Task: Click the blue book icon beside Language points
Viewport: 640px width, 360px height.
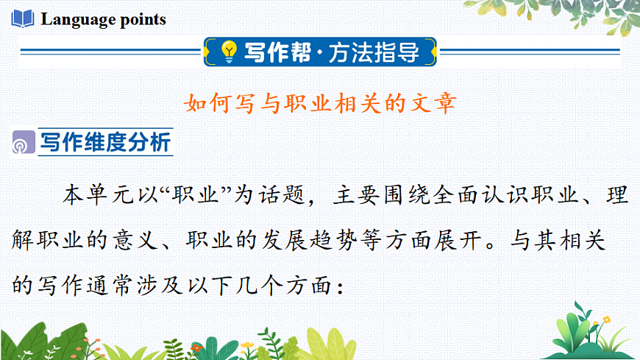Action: coord(22,18)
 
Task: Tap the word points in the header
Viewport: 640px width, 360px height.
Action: coord(141,20)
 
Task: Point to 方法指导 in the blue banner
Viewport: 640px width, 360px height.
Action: coord(374,52)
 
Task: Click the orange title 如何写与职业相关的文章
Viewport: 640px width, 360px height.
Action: coord(319,102)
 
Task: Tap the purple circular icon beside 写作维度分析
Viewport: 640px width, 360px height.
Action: coord(23,144)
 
